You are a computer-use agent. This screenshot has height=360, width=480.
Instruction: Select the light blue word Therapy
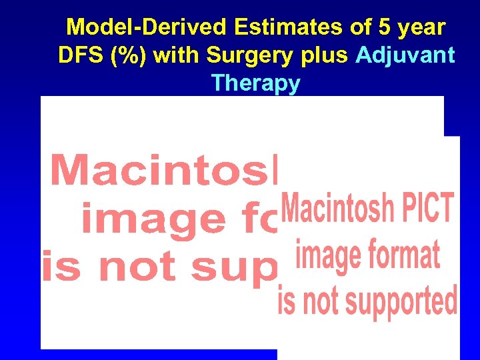[255, 85]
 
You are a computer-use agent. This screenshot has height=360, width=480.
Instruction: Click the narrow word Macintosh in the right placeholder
[337, 209]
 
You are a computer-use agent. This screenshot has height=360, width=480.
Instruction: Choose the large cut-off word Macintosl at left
[163, 171]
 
